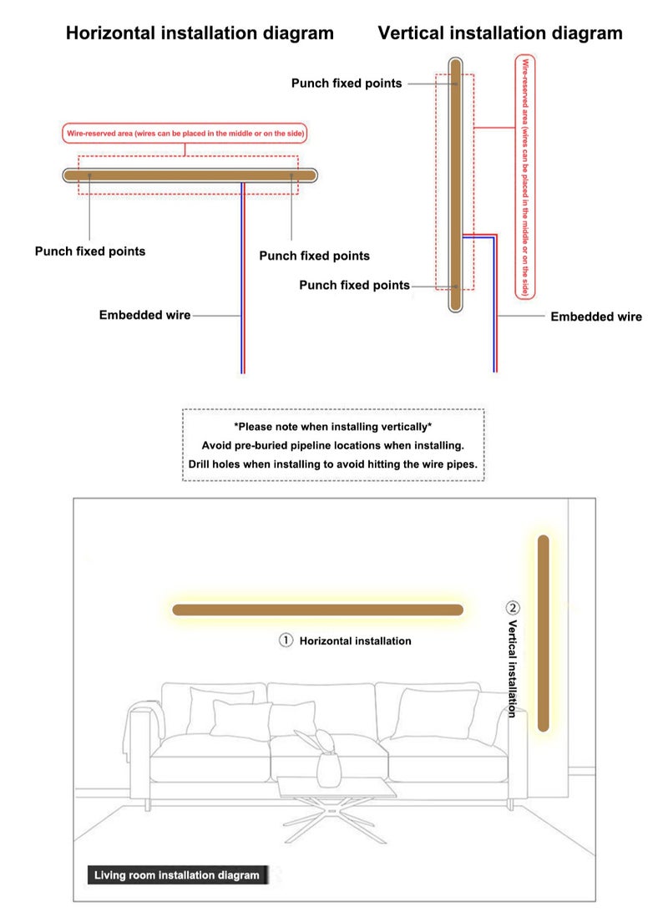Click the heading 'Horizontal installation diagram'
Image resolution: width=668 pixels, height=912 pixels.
(x=200, y=33)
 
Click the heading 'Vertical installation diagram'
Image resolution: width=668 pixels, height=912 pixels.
(x=499, y=33)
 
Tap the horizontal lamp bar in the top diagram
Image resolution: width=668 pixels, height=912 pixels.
(x=191, y=175)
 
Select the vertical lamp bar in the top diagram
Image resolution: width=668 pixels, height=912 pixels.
(x=455, y=184)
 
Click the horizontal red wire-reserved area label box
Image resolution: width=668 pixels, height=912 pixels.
(x=185, y=133)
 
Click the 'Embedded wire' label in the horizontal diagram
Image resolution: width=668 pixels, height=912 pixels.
(x=144, y=316)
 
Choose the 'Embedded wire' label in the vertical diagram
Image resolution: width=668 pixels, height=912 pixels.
(x=596, y=317)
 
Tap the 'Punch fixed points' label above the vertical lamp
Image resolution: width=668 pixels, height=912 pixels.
(x=346, y=84)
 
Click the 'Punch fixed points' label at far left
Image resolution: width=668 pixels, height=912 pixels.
(x=89, y=251)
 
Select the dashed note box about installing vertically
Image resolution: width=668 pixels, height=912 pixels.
(x=333, y=444)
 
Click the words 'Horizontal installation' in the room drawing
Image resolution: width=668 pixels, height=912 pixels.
(x=355, y=641)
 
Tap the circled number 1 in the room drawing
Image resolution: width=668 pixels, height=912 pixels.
(x=286, y=641)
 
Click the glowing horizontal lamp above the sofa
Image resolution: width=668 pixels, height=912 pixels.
(x=317, y=610)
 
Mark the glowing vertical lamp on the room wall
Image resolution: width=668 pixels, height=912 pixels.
(x=544, y=632)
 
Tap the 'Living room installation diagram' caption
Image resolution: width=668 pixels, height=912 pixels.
(x=176, y=875)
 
